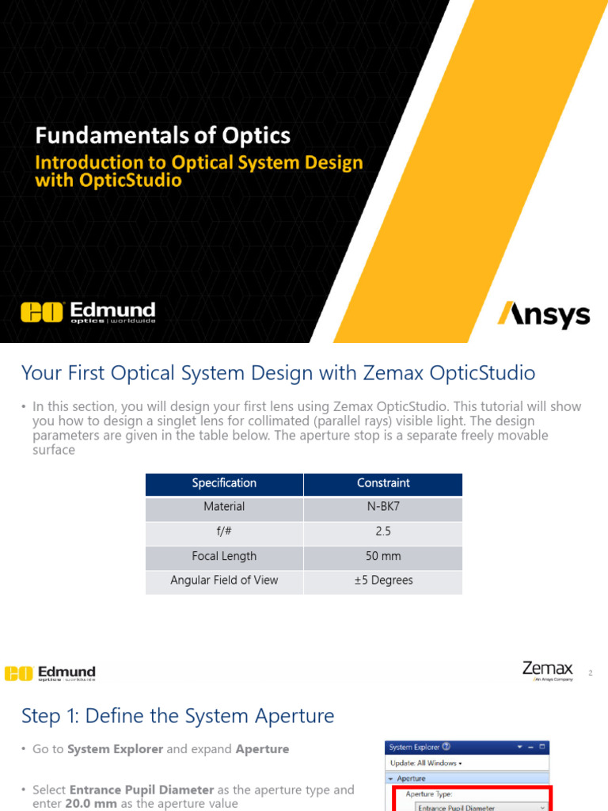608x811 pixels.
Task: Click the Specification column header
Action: pos(224,483)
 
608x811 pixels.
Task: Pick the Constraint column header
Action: pos(383,483)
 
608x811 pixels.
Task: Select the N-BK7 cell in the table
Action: pos(383,507)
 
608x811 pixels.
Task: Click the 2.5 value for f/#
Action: pos(383,531)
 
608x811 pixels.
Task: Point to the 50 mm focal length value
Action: pos(383,556)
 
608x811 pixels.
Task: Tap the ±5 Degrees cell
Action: pos(383,581)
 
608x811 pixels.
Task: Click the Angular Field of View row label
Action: pos(224,581)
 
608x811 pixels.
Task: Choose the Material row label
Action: pos(224,507)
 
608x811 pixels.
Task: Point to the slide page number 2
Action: pos(590,673)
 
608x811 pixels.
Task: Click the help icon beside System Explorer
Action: pos(446,746)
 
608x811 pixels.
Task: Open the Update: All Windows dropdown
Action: pos(426,763)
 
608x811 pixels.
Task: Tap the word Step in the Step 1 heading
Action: pos(40,717)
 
